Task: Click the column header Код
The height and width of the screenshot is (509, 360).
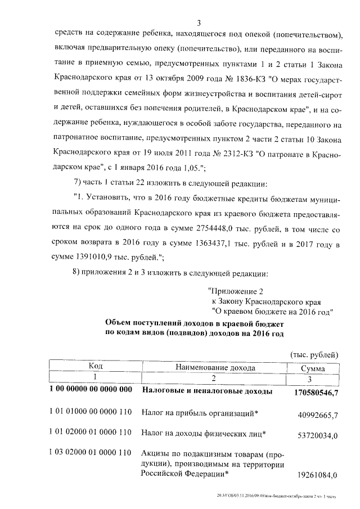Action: coord(95,367)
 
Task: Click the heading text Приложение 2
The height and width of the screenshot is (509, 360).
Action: coord(236,291)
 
